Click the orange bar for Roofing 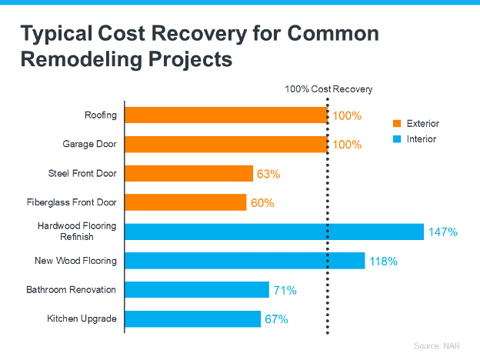[x=226, y=115]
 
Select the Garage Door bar [x=226, y=144]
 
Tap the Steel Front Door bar [x=188, y=173]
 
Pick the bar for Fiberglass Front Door [x=185, y=202]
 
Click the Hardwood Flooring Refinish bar [x=274, y=232]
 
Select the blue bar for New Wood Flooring [x=245, y=261]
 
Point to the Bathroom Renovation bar [x=197, y=290]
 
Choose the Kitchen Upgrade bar [x=193, y=318]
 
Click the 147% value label [x=443, y=232]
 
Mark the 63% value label [x=268, y=175]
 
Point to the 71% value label [x=284, y=291]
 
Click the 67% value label [x=276, y=319]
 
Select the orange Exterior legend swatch [x=397, y=124]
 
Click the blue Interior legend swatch [x=397, y=139]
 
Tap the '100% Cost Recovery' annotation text [x=328, y=89]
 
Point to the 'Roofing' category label [x=101, y=115]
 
